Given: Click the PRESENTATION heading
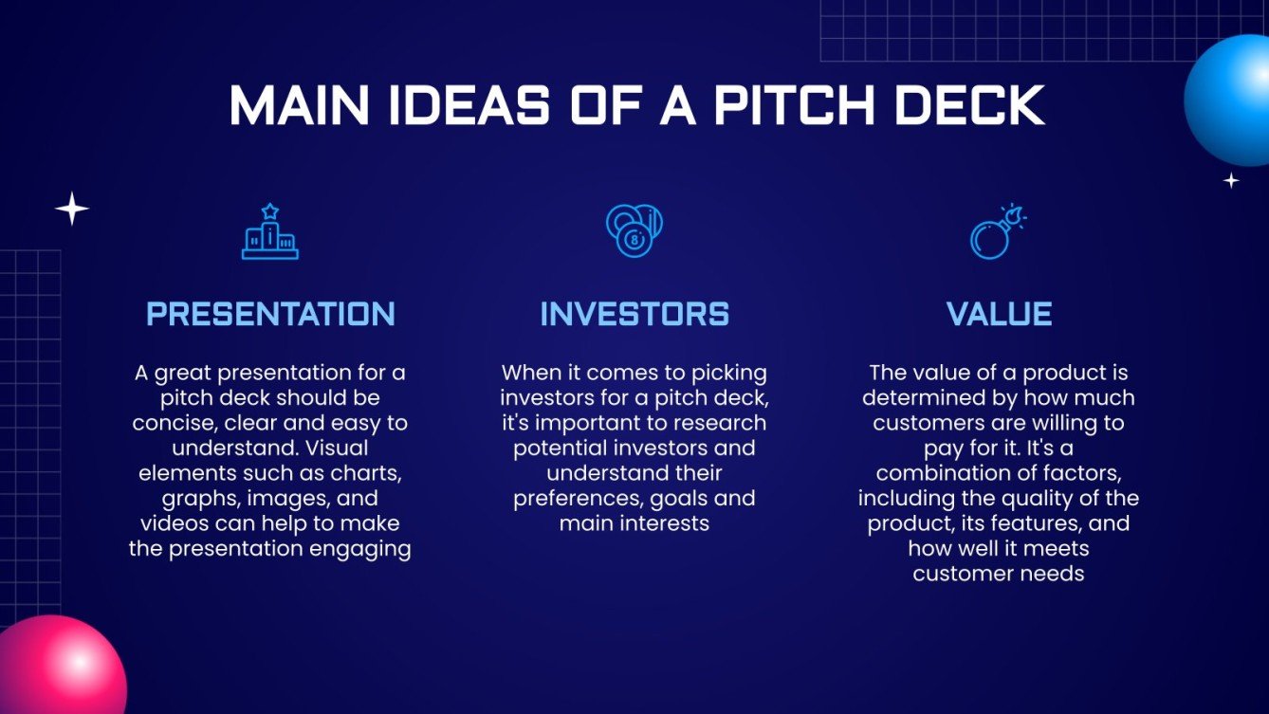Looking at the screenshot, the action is click(271, 314).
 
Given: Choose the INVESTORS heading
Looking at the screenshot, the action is click(634, 314).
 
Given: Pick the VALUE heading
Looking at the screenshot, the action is click(999, 314).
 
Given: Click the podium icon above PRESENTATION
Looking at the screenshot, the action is click(270, 231).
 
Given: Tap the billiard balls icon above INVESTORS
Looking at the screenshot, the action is click(634, 231).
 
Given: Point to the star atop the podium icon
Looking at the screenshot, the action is click(270, 211).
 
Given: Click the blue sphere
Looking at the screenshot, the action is click(1227, 101).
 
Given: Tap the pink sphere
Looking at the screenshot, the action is click(62, 666).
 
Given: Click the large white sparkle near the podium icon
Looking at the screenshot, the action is click(72, 209).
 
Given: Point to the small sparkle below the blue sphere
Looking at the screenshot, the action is click(1231, 180).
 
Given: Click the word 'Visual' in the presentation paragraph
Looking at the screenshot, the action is click(337, 448).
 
